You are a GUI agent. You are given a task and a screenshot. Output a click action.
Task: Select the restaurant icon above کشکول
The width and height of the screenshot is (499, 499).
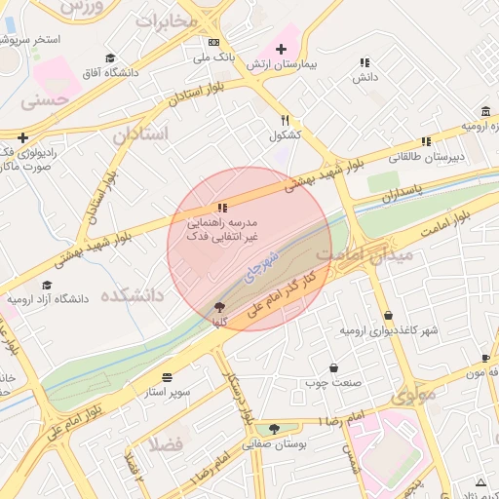click(285, 121)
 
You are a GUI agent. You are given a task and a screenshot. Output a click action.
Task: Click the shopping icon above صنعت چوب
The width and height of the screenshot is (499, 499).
click(335, 368)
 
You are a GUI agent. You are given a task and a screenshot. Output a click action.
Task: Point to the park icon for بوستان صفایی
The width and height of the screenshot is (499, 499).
click(274, 429)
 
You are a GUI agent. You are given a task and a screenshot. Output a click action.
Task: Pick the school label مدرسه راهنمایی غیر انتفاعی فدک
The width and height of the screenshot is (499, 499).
click(223, 230)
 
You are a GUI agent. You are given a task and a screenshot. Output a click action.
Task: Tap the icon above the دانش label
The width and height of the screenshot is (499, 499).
click(365, 61)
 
